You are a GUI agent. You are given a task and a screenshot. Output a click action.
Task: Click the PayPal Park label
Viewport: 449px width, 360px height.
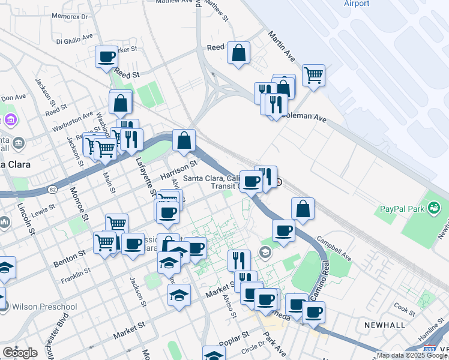pyautogui.click(x=401, y=210)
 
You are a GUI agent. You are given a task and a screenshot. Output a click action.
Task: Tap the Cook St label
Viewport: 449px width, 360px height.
pyautogui.click(x=405, y=311)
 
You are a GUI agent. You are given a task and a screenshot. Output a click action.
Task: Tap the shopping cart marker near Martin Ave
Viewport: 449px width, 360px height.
pyautogui.click(x=313, y=76)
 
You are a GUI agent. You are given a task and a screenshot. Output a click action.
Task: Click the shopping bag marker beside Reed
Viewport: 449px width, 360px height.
pyautogui.click(x=238, y=52)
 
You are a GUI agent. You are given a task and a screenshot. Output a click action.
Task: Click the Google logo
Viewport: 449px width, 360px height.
pyautogui.click(x=20, y=353)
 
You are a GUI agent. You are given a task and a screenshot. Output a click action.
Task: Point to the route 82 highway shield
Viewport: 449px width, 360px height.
pyautogui.click(x=52, y=190)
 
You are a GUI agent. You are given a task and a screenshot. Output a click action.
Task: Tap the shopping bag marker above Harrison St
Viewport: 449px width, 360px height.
pyautogui.click(x=184, y=141)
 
